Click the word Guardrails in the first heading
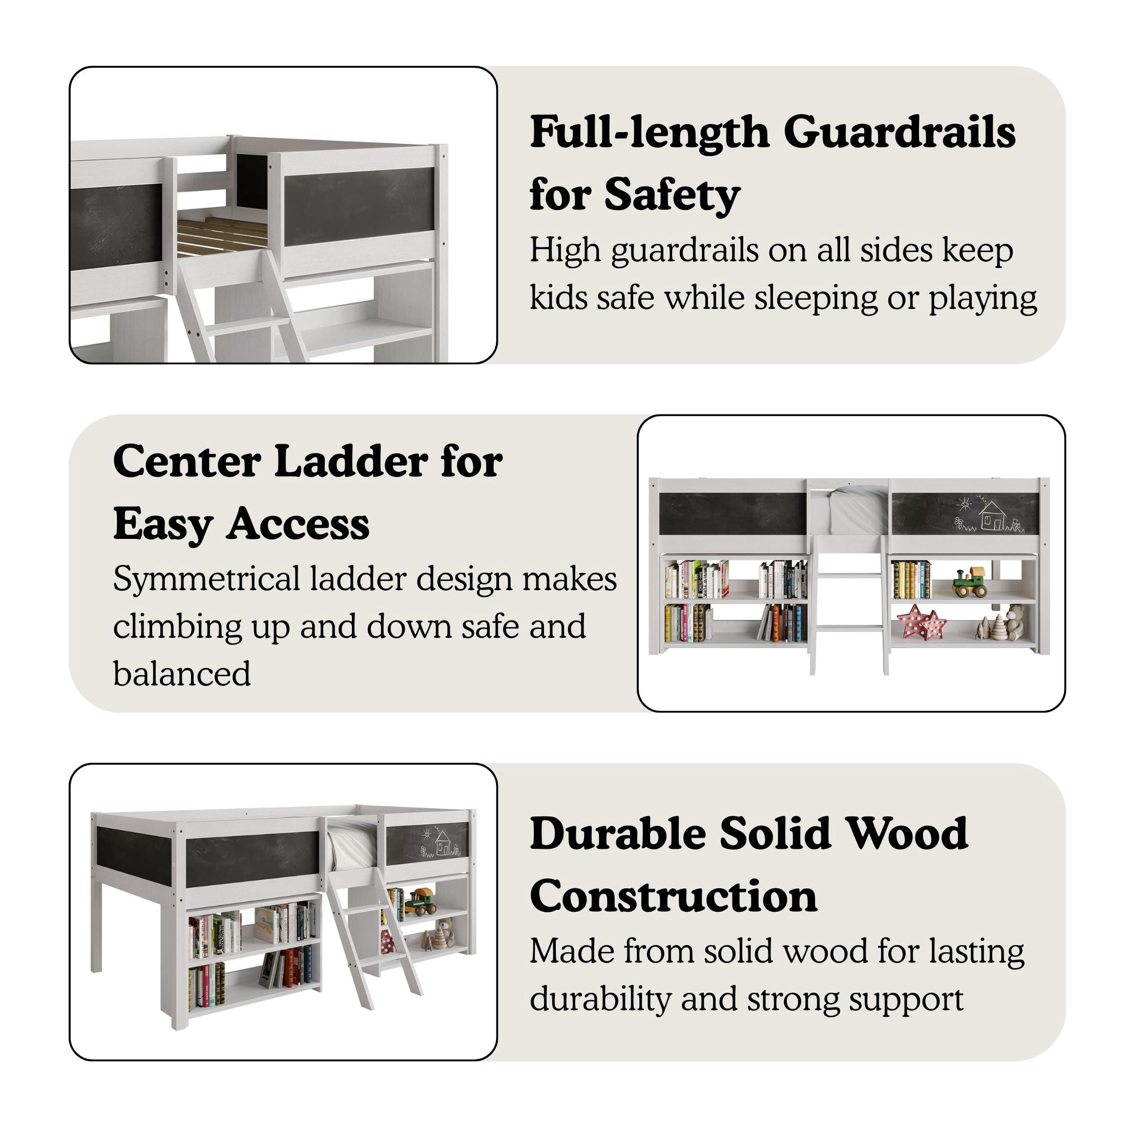[900, 132]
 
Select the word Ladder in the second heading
[352, 462]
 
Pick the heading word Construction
[674, 896]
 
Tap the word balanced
[182, 674]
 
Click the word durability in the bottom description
[601, 1000]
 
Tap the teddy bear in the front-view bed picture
[1014, 623]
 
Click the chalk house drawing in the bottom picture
[443, 844]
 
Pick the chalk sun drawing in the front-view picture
[964, 503]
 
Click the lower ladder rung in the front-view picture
[849, 628]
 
